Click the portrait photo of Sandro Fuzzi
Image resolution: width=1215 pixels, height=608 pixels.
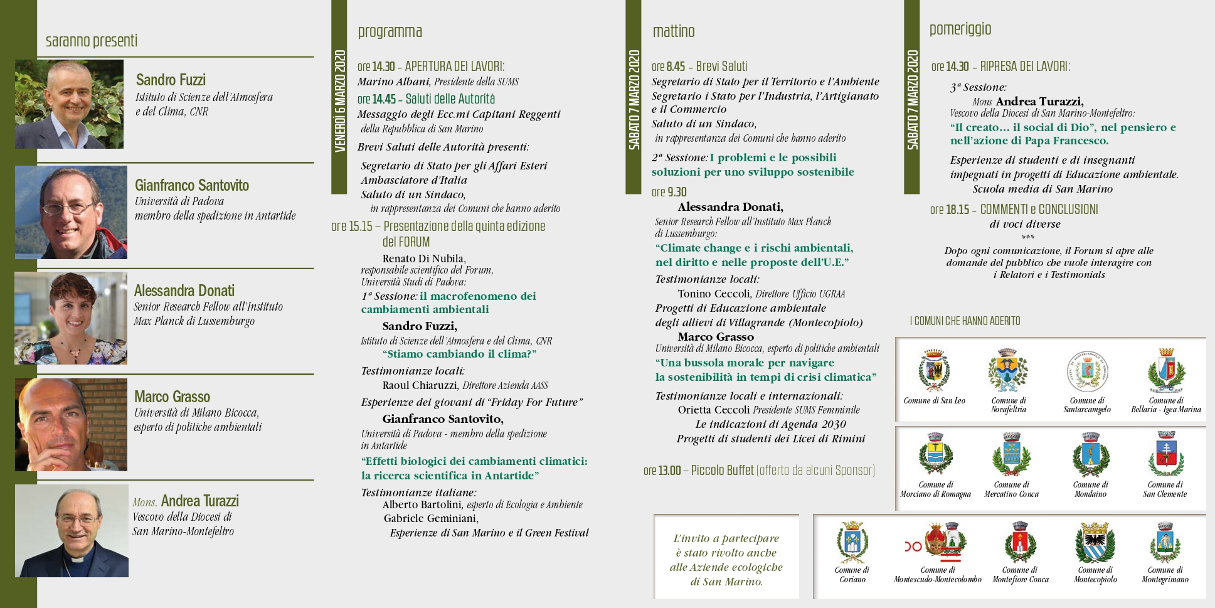coord(69,104)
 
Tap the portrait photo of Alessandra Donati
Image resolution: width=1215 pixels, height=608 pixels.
coord(71,318)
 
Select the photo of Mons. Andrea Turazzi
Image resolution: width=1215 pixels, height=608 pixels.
coord(72,531)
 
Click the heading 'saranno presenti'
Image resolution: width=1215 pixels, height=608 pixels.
coord(92,41)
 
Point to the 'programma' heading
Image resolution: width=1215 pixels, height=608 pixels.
coord(390,31)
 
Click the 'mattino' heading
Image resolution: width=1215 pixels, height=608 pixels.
coord(673,31)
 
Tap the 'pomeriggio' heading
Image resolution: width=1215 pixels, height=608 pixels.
coord(960,29)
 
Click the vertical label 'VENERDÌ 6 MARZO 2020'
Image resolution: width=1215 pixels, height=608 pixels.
coord(339,100)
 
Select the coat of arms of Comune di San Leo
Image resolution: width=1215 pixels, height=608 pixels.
coord(934,371)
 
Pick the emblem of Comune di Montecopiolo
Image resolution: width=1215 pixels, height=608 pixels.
coord(1095,544)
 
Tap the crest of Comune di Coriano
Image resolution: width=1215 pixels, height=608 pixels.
coord(852,543)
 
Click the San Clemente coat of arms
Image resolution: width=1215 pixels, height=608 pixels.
coord(1165,456)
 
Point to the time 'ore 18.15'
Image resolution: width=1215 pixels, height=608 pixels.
coord(949,210)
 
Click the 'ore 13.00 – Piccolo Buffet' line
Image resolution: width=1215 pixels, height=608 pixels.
coord(758,471)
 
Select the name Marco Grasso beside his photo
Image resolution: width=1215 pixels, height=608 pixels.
coord(172,397)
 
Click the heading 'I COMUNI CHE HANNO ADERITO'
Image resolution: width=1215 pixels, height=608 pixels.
coord(965,321)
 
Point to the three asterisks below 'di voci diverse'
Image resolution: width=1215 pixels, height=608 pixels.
coord(1027,237)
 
